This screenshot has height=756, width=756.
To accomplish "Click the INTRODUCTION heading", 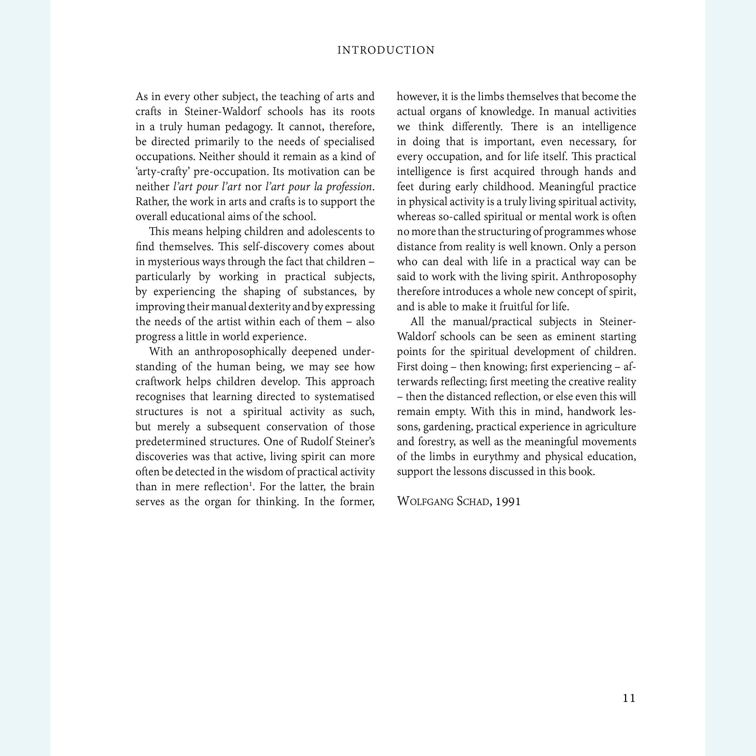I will [x=386, y=51].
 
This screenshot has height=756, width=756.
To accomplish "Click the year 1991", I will [x=508, y=502].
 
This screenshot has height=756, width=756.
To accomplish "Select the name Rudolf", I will [x=316, y=442].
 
